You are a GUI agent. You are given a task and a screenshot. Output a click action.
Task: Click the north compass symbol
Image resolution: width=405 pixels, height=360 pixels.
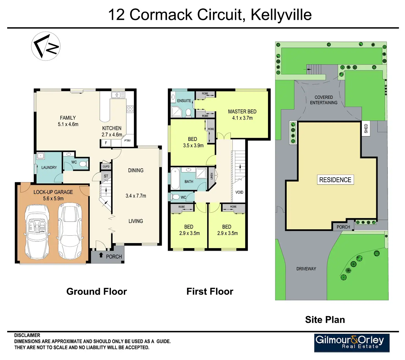[46, 46]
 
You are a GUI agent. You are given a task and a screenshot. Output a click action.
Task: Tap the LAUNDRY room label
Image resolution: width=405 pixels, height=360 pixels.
[49, 167]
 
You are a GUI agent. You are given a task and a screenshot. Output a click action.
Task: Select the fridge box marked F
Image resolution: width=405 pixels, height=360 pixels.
[106, 143]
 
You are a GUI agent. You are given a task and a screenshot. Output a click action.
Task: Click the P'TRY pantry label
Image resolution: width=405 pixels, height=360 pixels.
[127, 141]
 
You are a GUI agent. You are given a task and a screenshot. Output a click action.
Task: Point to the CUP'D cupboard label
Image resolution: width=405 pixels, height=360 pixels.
[106, 166]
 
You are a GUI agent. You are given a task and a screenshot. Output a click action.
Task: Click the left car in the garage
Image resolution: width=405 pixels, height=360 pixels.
[37, 232]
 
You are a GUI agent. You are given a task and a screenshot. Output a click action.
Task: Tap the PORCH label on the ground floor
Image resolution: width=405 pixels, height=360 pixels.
[114, 257]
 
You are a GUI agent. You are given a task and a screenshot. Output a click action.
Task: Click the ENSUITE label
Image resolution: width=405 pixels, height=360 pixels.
[184, 101]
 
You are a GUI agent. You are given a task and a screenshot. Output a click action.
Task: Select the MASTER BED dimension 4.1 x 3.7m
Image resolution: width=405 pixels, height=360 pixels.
[242, 118]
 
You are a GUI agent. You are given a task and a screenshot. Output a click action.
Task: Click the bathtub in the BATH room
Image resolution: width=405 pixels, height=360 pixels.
[175, 178]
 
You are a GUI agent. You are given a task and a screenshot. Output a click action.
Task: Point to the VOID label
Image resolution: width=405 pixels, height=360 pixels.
[239, 192]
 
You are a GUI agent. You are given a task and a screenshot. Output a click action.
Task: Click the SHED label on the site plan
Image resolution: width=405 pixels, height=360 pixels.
[366, 128]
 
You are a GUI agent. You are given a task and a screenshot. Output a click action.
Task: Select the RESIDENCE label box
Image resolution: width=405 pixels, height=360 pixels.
[335, 180]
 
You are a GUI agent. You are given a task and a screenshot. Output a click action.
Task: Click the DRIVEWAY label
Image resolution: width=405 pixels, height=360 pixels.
[306, 269]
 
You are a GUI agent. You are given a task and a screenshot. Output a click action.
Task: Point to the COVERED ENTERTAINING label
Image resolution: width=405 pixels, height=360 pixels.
[324, 100]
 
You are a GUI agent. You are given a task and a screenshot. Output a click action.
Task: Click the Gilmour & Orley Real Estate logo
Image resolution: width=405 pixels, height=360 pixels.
[352, 342]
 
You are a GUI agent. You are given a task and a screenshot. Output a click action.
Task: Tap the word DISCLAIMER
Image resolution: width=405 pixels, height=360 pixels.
[27, 335]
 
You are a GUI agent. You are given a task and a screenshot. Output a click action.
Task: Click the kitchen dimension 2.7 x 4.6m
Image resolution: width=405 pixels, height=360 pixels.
[112, 135]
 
